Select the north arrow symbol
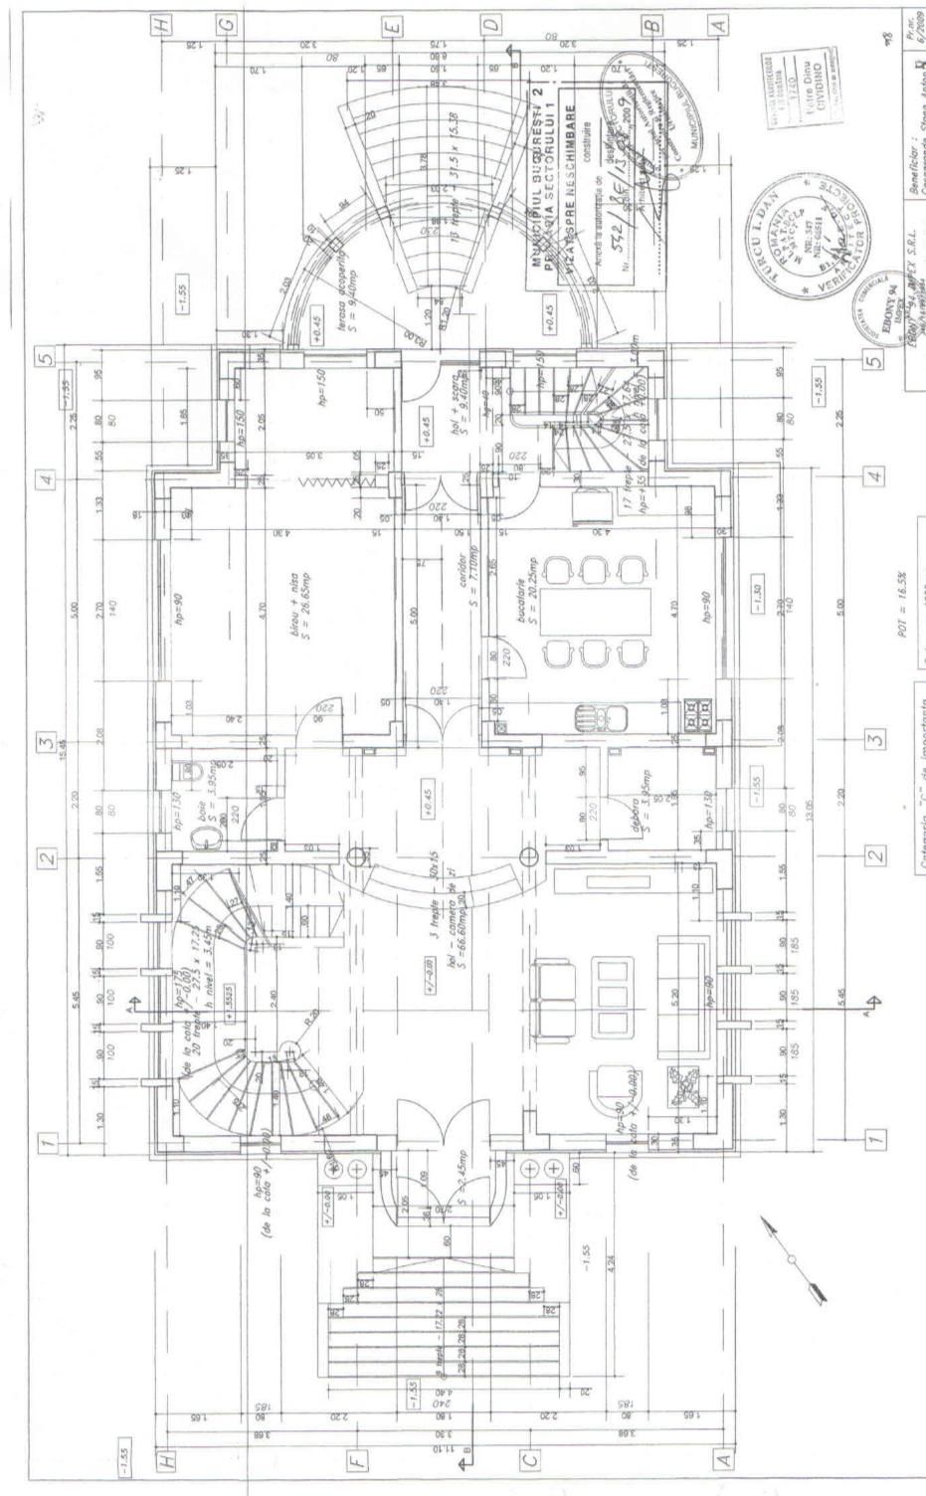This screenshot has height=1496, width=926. (x=792, y=1259)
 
